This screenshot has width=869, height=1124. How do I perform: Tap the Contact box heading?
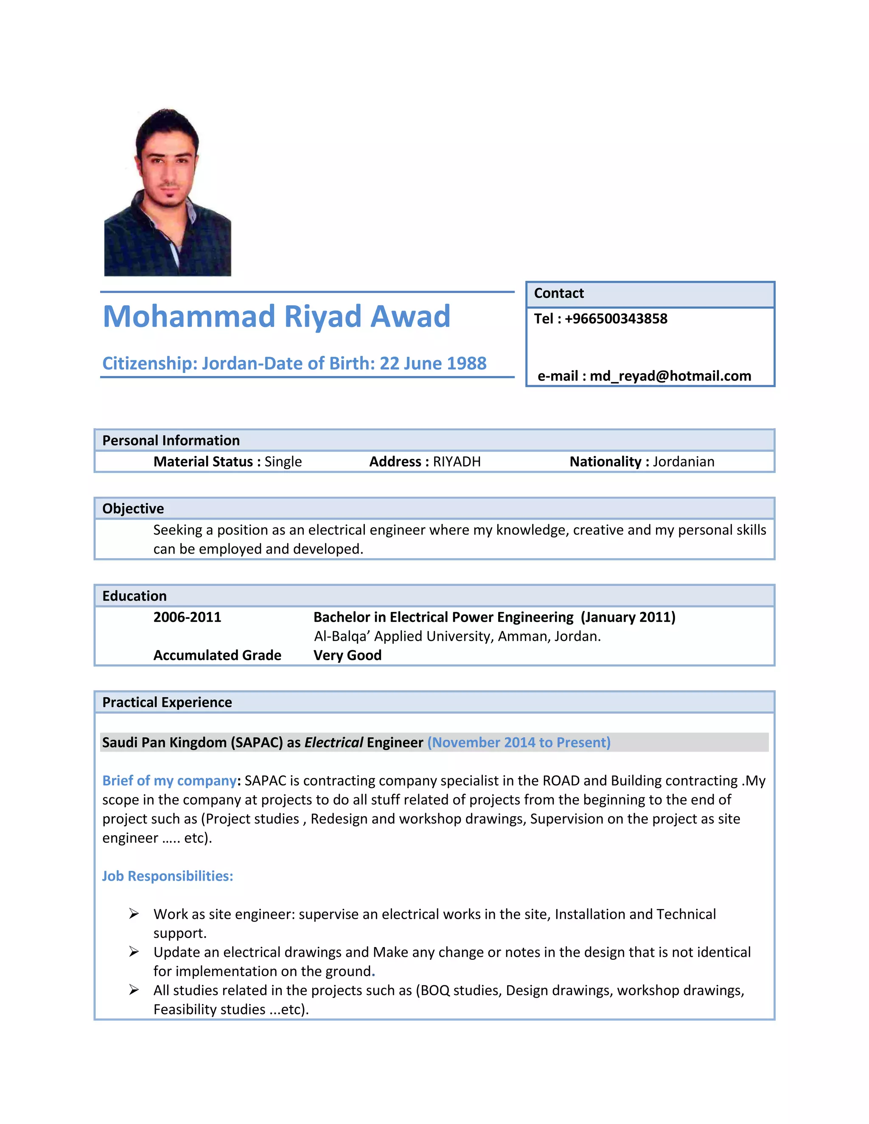pyautogui.click(x=558, y=294)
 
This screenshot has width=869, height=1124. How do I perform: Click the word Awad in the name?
pyautogui.click(x=410, y=316)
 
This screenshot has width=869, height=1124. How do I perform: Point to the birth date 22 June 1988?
pyautogui.click(x=432, y=363)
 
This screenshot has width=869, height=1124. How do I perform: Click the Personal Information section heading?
pyautogui.click(x=171, y=441)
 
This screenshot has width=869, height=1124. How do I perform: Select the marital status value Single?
pyautogui.click(x=283, y=461)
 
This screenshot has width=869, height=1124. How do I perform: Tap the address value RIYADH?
pyautogui.click(x=457, y=461)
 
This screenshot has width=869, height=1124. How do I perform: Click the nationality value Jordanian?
pyautogui.click(x=683, y=461)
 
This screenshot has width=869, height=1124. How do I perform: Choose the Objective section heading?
pyautogui.click(x=133, y=509)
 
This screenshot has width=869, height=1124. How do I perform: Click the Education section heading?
pyautogui.click(x=135, y=596)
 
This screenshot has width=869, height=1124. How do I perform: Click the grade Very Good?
pyautogui.click(x=348, y=655)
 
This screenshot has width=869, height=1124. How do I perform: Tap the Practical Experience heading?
pyautogui.click(x=167, y=702)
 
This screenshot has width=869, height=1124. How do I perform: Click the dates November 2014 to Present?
pyautogui.click(x=519, y=743)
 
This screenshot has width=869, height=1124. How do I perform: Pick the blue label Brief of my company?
pyautogui.click(x=169, y=781)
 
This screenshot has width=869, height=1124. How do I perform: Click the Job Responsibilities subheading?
pyautogui.click(x=167, y=876)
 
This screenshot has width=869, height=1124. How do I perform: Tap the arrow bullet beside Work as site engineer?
pyautogui.click(x=134, y=914)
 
